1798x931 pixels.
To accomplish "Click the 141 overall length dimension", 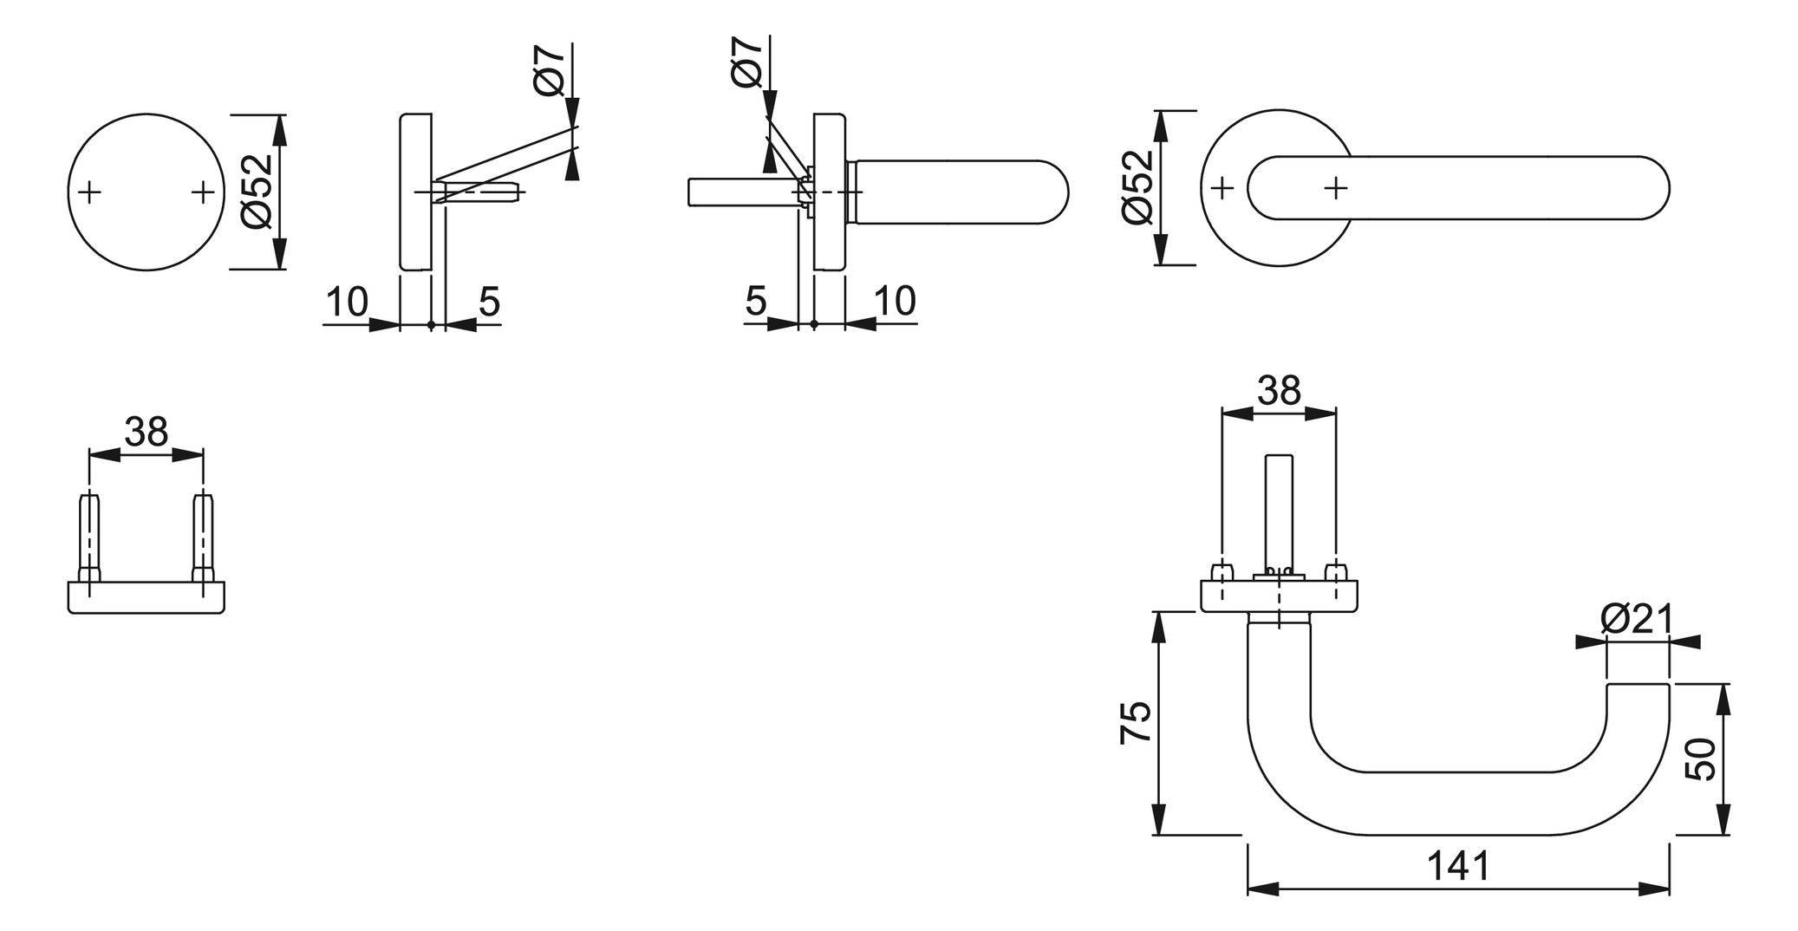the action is coord(1458,866).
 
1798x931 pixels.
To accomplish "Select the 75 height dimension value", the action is coord(1136,722).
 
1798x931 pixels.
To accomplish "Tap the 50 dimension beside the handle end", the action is coord(1701,759).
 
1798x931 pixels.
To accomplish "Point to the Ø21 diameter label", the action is coord(1637,619).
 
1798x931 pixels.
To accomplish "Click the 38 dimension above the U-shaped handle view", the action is coord(1280,391).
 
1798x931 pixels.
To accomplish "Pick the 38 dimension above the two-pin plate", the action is coord(146,432).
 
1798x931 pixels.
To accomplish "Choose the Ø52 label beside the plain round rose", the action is coord(258,191).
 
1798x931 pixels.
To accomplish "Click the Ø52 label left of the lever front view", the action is coord(1138,187).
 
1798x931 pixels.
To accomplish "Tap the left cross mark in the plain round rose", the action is coord(89,192).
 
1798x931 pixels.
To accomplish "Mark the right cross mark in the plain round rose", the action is coord(202,192).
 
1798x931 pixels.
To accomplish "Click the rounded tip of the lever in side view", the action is coord(1054,192).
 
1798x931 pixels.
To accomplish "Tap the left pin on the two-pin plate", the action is coord(89,537).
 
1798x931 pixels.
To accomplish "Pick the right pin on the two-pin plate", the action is coord(203,537).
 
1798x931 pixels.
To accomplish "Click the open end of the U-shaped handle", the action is coord(1638,686).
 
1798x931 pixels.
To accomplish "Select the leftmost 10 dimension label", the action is coord(347,302).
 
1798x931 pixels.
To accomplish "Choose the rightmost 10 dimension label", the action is coord(895,301).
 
